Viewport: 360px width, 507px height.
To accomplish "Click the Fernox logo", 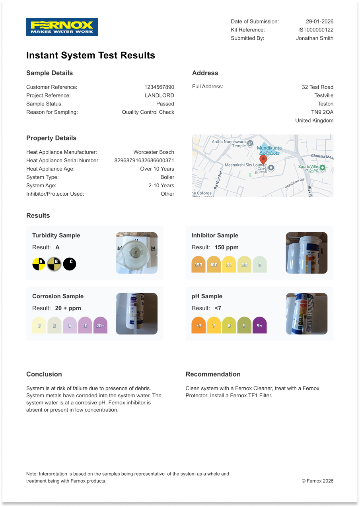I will (x=62, y=27).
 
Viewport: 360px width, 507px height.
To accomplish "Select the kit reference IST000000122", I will (x=315, y=30).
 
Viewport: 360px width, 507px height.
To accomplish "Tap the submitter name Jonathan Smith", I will (x=315, y=38).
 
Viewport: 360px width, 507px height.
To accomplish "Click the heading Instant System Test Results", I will (x=91, y=55).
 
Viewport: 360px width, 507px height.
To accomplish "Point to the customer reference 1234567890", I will (x=159, y=87).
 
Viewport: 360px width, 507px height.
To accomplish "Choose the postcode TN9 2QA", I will (x=322, y=112).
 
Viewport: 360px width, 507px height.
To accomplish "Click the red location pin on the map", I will (x=263, y=159).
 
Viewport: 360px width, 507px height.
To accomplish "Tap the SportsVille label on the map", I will (x=308, y=167).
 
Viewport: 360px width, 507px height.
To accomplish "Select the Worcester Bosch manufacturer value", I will (x=154, y=152).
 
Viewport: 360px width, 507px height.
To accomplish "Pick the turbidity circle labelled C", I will (x=70, y=264).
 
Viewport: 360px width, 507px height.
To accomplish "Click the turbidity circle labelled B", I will (x=54, y=264).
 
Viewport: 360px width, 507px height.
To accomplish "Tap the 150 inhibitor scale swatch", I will (x=198, y=264).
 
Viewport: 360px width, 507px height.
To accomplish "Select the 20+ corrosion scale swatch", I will (x=100, y=325).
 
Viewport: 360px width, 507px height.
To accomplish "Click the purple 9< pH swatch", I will (x=259, y=325).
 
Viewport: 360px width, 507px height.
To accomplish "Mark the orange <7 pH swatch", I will (x=198, y=325).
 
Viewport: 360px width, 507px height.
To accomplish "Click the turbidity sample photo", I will (x=136, y=253).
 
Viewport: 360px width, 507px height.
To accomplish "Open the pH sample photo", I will (x=307, y=314).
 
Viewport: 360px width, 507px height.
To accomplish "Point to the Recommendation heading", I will (x=213, y=374).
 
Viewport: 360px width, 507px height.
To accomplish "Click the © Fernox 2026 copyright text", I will (x=317, y=481).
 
